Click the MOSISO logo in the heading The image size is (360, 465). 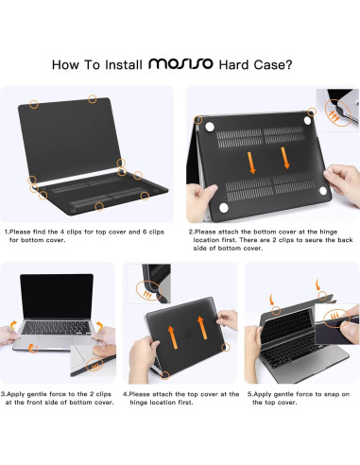pyautogui.click(x=180, y=63)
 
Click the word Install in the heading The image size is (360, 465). pyautogui.click(x=124, y=64)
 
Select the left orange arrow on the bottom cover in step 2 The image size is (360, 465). pyautogui.click(x=251, y=163)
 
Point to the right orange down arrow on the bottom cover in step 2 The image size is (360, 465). pyautogui.click(x=285, y=158)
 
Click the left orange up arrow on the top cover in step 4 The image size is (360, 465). pyautogui.click(x=172, y=337)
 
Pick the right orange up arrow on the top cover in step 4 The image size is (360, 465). pyautogui.click(x=201, y=328)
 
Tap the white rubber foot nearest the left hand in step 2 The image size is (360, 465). pyautogui.click(x=223, y=208)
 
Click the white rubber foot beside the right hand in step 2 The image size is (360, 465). pyautogui.click(x=323, y=191)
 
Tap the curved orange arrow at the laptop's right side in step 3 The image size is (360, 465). pyautogui.click(x=100, y=325)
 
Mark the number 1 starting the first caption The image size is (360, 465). pyautogui.click(x=7, y=232)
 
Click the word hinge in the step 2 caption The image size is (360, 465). pyautogui.click(x=329, y=232)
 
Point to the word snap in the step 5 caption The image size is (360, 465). pyautogui.click(x=332, y=394)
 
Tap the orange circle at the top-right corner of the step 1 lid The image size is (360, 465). pyautogui.click(x=93, y=99)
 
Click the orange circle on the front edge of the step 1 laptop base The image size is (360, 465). pyautogui.click(x=99, y=206)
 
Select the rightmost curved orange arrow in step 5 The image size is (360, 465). pyautogui.click(x=318, y=284)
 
